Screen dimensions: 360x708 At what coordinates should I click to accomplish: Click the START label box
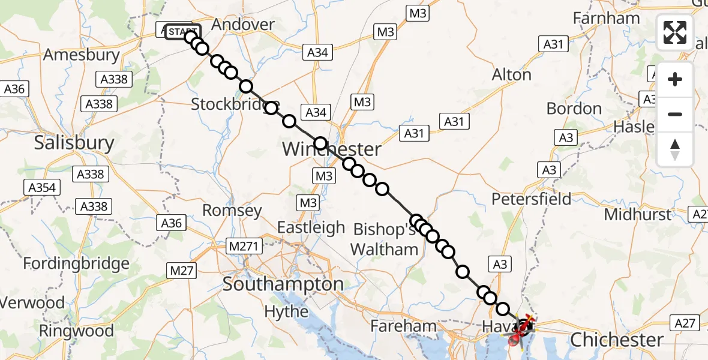(182, 31)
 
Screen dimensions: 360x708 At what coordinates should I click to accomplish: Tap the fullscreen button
(675, 32)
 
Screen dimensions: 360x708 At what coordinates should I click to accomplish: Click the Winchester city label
(331, 149)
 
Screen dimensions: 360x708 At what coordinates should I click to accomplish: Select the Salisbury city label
(74, 143)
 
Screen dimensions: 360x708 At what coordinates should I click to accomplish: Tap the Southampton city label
(283, 284)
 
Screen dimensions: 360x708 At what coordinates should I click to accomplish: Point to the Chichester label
(617, 340)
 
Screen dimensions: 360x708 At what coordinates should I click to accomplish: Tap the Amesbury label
(81, 55)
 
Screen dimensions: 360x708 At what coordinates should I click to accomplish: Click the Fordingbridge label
(76, 263)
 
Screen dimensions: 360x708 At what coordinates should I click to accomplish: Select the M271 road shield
(241, 246)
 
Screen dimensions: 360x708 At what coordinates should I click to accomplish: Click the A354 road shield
(43, 188)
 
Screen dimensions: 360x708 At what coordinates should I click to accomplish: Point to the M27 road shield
(182, 271)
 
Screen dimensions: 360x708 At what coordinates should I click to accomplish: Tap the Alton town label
(511, 75)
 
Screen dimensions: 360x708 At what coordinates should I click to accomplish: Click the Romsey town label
(232, 211)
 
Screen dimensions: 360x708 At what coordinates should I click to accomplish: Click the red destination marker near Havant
(515, 341)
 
